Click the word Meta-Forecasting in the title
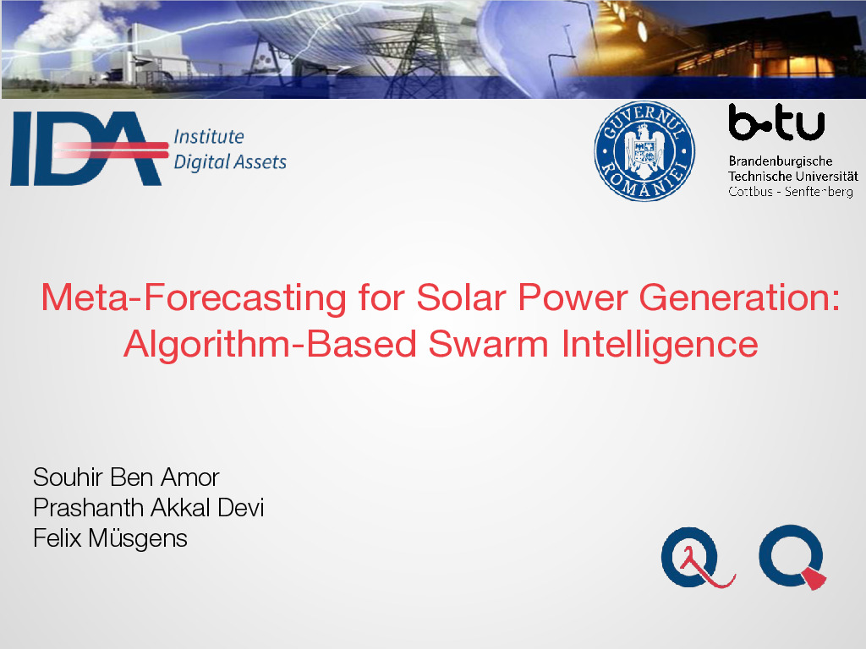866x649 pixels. pos(194,298)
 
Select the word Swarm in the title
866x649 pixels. pos(488,345)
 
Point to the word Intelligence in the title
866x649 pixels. pos(660,346)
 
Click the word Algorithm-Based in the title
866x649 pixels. pos(270,346)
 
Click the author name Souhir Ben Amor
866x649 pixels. pos(126,477)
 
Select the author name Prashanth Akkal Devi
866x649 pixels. pos(149,508)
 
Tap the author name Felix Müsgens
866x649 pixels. pos(110,538)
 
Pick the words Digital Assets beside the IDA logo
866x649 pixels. pos(230,162)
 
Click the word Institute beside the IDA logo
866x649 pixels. pos(209,136)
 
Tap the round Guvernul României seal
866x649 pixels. pos(644,150)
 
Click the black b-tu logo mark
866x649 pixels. pos(776,122)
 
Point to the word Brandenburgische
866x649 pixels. pos(781,161)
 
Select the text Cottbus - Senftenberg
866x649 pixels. pos(791,192)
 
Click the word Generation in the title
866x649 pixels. pos(739,298)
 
